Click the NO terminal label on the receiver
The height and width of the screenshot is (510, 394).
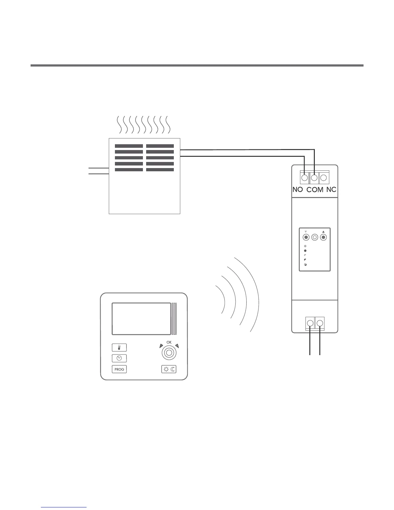pyautogui.click(x=297, y=190)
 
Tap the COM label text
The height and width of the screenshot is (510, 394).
pyautogui.click(x=314, y=190)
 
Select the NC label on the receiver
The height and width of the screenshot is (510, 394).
pyautogui.click(x=331, y=190)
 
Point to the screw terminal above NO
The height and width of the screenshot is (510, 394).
pyautogui.click(x=305, y=177)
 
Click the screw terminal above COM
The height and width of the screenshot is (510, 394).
pyautogui.click(x=314, y=177)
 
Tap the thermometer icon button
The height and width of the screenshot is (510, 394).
pyautogui.click(x=119, y=347)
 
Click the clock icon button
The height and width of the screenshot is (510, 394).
pyautogui.click(x=119, y=358)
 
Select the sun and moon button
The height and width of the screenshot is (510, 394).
pyautogui.click(x=169, y=369)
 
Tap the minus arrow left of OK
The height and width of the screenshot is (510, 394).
pyautogui.click(x=161, y=346)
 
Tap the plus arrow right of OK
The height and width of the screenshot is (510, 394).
pyautogui.click(x=176, y=346)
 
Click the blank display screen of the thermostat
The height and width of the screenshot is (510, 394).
pyautogui.click(x=141, y=319)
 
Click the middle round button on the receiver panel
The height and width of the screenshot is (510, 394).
pyautogui.click(x=315, y=238)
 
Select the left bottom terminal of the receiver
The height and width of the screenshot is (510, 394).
pyautogui.click(x=310, y=323)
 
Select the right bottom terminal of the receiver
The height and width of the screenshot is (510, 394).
pyautogui.click(x=320, y=323)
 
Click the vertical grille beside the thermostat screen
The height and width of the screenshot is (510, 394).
pyautogui.click(x=174, y=319)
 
